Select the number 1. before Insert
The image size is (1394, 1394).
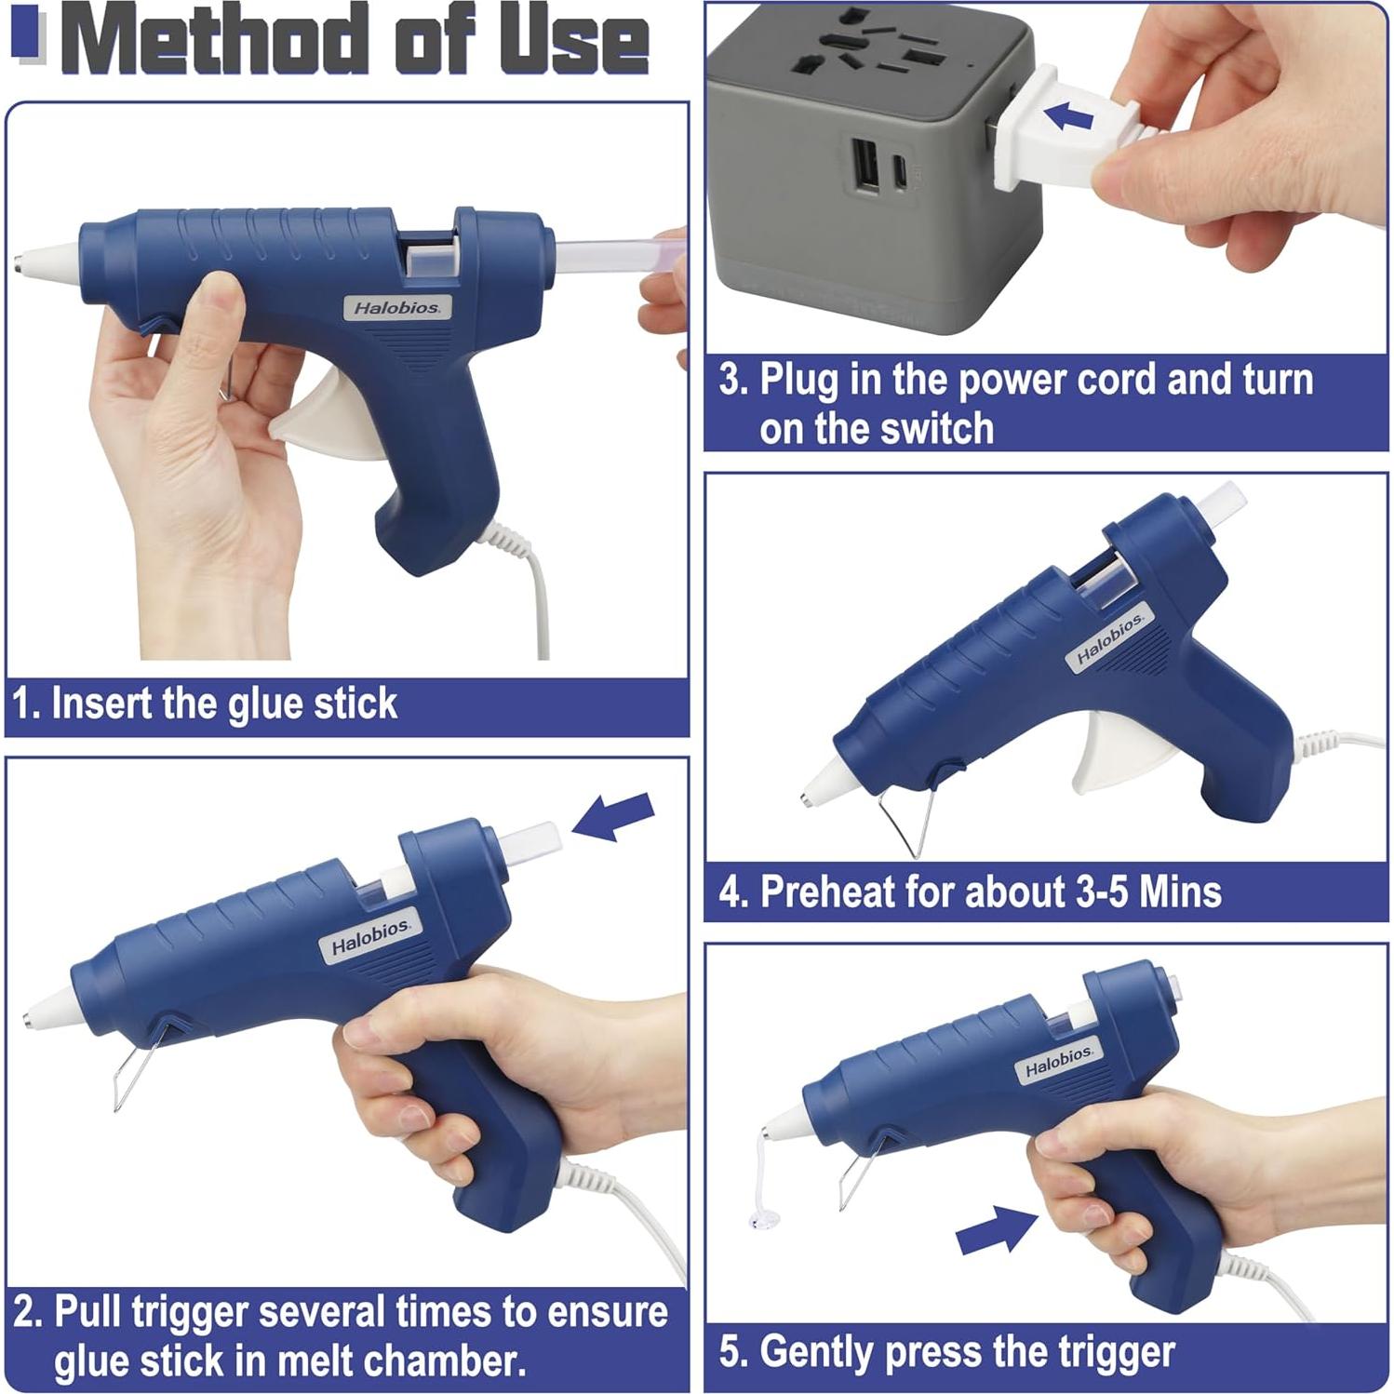26,704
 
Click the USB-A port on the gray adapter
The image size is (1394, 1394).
865,168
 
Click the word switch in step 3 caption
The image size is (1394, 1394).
941,429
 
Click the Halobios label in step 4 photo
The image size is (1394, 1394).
1109,639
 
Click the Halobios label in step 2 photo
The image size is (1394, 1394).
370,937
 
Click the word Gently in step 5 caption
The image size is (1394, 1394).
820,1352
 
